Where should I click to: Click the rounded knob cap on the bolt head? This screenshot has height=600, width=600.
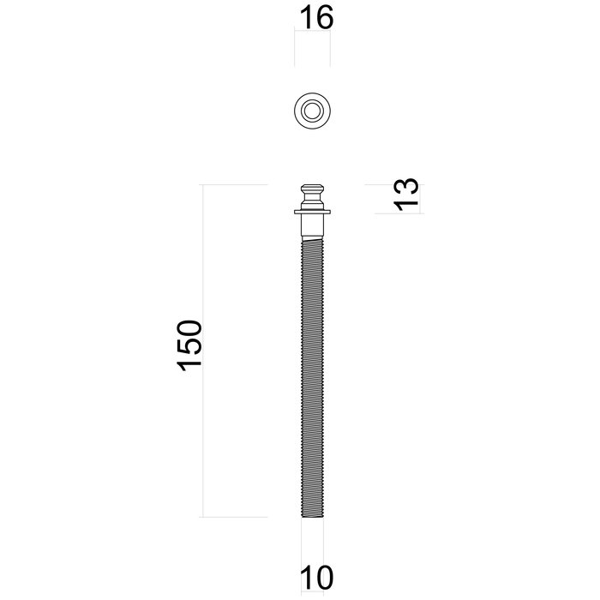point(312,189)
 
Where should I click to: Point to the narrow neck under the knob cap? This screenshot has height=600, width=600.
point(312,201)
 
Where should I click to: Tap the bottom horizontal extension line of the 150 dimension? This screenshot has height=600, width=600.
point(235,517)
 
